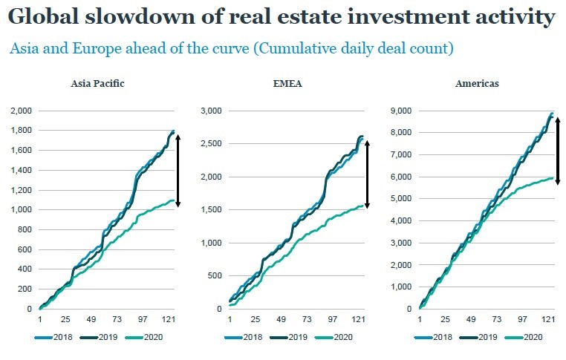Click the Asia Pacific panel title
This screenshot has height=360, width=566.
pyautogui.click(x=98, y=83)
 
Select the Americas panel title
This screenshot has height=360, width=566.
pyautogui.click(x=477, y=83)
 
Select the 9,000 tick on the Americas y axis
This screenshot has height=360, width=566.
pyautogui.click(x=401, y=111)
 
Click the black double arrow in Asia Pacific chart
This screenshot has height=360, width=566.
pyautogui.click(x=179, y=170)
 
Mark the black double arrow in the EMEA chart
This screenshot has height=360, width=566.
pyautogui.click(x=368, y=173)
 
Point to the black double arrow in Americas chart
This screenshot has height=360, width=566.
pyautogui.click(x=558, y=151)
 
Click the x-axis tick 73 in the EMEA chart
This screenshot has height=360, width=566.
pyautogui.click(x=306, y=321)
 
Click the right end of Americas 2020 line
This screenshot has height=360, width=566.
pyautogui.click(x=551, y=177)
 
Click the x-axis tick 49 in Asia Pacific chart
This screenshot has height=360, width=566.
pyautogui.click(x=93, y=321)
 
